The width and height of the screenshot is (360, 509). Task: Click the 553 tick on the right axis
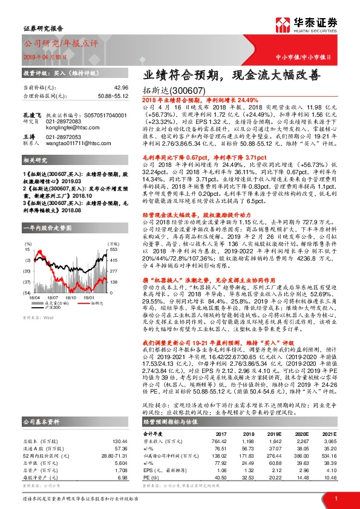[113, 215]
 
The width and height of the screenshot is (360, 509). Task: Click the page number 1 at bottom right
[335, 498]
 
